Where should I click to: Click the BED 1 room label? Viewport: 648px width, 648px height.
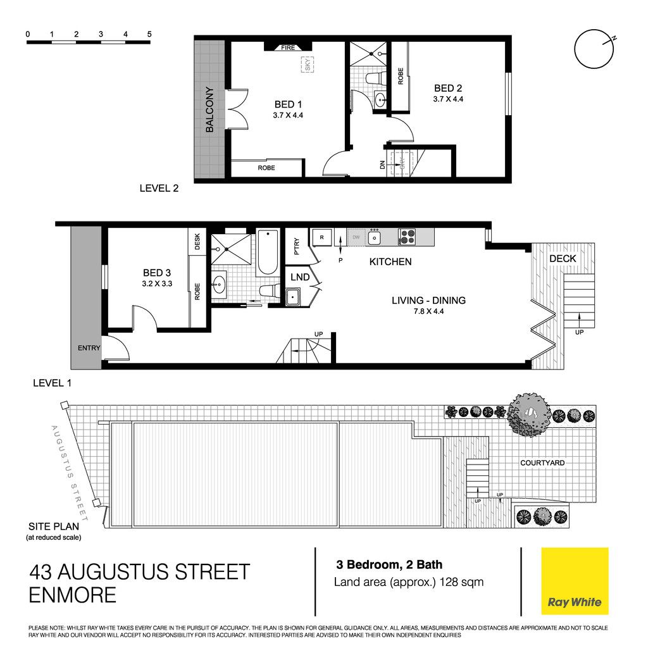click(x=288, y=104)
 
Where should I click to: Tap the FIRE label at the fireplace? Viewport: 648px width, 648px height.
click(x=288, y=47)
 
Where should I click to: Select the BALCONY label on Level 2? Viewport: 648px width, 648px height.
click(x=209, y=109)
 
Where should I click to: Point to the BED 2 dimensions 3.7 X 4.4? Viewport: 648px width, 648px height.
click(x=448, y=99)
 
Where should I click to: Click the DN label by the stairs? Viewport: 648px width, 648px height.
click(x=382, y=165)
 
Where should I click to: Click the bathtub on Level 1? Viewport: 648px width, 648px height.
click(x=268, y=252)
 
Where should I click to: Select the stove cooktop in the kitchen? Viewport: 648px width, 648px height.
click(x=407, y=237)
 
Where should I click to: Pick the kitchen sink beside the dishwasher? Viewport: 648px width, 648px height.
click(x=375, y=237)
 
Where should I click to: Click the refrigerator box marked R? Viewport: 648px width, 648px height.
click(x=322, y=237)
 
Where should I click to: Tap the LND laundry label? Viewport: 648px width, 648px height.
click(x=300, y=277)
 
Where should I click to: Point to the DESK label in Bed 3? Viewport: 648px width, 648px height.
click(x=197, y=241)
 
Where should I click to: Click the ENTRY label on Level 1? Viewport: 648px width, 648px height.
click(x=89, y=348)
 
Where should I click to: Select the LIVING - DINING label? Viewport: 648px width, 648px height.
click(x=428, y=301)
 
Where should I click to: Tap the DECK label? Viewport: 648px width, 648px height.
click(x=563, y=259)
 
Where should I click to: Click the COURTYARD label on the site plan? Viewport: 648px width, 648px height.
click(x=542, y=463)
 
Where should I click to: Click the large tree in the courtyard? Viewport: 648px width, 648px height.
click(x=530, y=414)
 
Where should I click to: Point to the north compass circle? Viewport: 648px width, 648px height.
click(x=594, y=49)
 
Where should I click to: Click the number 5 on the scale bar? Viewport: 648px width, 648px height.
click(x=149, y=34)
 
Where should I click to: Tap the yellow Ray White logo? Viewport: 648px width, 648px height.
click(x=575, y=581)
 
